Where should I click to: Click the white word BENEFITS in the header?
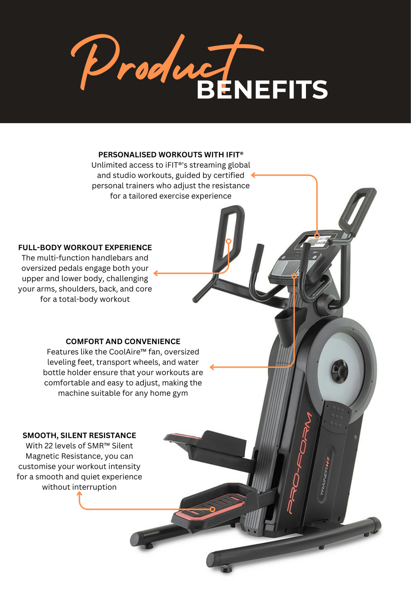(x=262, y=90)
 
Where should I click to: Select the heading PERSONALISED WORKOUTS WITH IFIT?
(x=170, y=155)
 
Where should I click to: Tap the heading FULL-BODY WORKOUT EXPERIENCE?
(x=85, y=248)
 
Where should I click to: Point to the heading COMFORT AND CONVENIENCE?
(x=123, y=341)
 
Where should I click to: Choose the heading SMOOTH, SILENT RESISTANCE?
(x=79, y=435)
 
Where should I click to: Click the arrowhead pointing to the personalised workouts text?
(x=253, y=175)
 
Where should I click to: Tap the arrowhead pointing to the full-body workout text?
(x=156, y=273)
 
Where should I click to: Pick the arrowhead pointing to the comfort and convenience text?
(x=212, y=367)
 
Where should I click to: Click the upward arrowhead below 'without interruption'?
(x=79, y=494)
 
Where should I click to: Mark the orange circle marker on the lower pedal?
(x=212, y=509)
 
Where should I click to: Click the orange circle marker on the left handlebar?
(x=228, y=241)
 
